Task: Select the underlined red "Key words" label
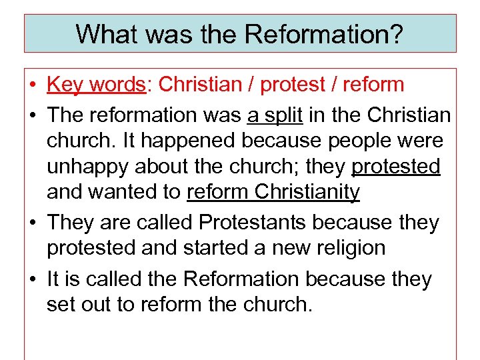point(96,85)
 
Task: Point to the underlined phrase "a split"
point(275,115)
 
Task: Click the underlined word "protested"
point(396,167)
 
